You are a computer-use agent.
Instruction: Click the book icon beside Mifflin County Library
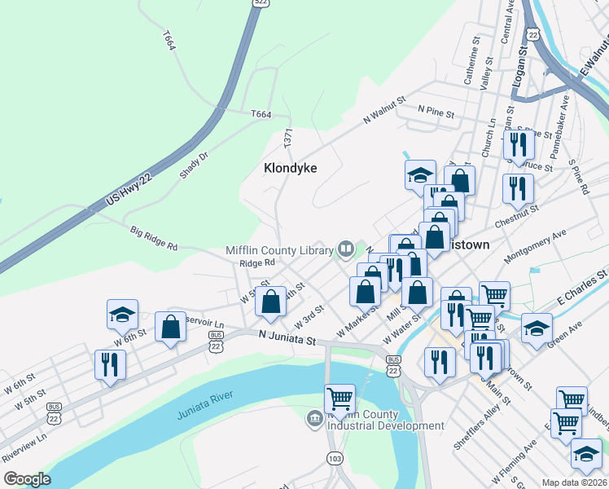click(x=346, y=248)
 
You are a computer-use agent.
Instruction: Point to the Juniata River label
click(x=205, y=405)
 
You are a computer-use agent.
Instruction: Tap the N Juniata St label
click(x=286, y=335)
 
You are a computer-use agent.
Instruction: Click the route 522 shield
click(x=261, y=3)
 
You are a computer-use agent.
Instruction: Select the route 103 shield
click(x=335, y=458)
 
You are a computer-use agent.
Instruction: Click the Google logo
click(x=27, y=478)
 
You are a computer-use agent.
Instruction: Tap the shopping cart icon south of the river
click(x=340, y=399)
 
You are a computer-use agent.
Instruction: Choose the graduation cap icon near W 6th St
click(x=121, y=314)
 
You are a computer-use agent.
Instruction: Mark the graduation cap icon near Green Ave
click(x=537, y=328)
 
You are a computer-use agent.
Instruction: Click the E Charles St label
click(x=582, y=286)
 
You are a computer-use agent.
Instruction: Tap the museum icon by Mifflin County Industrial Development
click(x=315, y=419)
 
